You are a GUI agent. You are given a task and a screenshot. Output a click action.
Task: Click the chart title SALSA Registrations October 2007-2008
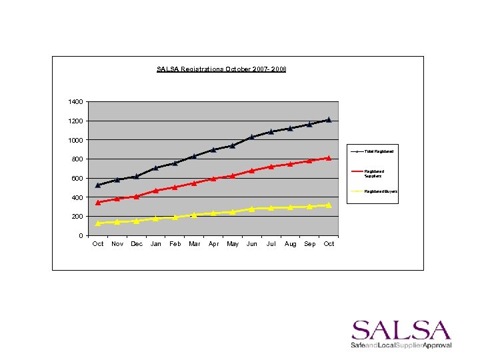point(221,69)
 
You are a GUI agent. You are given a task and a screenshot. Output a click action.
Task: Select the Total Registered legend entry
point(378,151)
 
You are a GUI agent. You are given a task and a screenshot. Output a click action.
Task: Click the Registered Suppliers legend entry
point(373,173)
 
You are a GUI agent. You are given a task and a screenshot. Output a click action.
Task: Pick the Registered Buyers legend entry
point(381,191)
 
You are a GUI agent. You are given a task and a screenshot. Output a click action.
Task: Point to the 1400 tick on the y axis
point(75,102)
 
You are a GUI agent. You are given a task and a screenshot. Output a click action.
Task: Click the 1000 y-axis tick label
point(75,140)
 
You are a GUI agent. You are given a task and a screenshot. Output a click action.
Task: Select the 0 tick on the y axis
point(81,236)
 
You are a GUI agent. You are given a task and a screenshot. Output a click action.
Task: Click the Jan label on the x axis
point(155,244)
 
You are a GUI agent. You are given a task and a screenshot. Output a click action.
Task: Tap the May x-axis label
point(233,244)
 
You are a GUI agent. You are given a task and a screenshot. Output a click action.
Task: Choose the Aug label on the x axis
point(291,244)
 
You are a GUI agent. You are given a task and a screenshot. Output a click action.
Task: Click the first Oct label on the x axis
point(98,244)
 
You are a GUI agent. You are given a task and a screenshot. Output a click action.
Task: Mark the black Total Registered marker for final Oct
point(329,120)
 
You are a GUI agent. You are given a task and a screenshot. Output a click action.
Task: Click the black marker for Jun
point(252,137)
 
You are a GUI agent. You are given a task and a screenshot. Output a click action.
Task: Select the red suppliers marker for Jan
point(156,191)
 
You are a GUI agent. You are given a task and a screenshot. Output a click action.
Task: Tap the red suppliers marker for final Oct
point(329,158)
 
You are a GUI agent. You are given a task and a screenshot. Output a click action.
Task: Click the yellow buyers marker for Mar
point(194,215)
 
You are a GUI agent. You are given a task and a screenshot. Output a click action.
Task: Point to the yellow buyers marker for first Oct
point(98,223)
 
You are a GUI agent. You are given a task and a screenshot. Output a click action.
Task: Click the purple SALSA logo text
point(401,331)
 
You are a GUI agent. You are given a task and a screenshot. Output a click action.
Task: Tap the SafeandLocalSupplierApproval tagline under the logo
point(401,345)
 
